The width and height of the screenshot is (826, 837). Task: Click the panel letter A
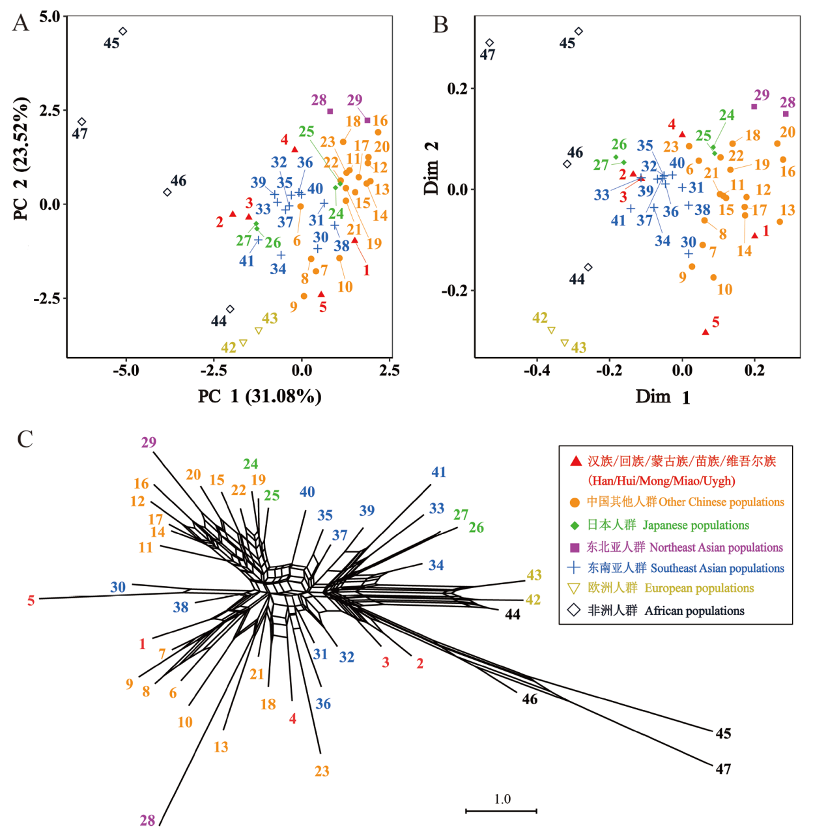click(21, 23)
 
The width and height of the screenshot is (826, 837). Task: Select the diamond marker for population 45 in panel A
click(122, 31)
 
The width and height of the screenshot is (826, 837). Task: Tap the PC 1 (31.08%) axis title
click(259, 396)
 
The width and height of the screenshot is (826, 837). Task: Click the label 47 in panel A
click(79, 134)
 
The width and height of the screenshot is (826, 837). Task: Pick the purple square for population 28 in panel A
click(330, 111)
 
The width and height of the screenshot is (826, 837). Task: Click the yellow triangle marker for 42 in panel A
click(243, 343)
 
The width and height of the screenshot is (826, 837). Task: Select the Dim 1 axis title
click(662, 397)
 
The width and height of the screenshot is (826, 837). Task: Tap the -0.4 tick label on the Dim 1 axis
click(537, 371)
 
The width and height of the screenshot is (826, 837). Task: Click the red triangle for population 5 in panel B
click(705, 332)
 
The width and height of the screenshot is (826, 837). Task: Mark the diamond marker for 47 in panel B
click(490, 43)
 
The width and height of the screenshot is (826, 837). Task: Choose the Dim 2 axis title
click(431, 168)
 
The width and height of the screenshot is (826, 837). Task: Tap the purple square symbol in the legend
click(575, 547)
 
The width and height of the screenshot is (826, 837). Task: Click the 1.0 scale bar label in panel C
click(502, 799)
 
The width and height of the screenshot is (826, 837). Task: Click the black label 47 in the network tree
click(723, 769)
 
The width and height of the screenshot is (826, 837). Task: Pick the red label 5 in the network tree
click(31, 601)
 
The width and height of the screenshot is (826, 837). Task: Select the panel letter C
click(25, 439)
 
